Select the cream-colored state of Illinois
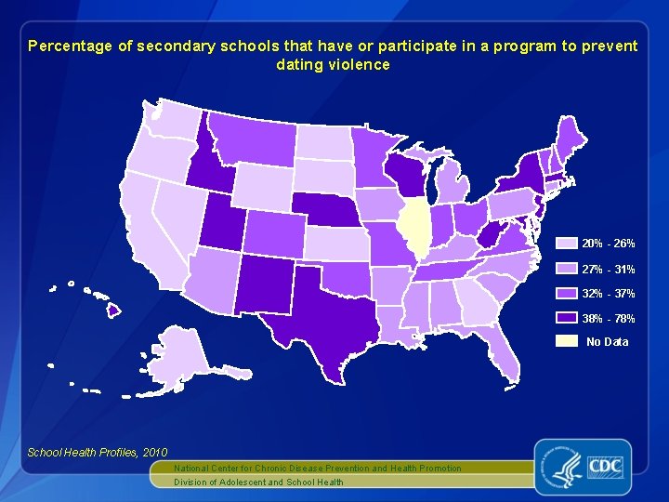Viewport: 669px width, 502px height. point(413,228)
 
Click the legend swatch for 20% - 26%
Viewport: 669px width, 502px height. point(566,244)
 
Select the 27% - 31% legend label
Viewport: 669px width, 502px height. point(609,269)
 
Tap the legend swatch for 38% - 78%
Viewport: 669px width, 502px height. point(566,318)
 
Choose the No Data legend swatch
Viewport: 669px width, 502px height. point(566,341)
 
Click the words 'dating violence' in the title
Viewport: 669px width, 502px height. point(333,65)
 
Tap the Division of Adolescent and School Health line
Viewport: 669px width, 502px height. point(258,482)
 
